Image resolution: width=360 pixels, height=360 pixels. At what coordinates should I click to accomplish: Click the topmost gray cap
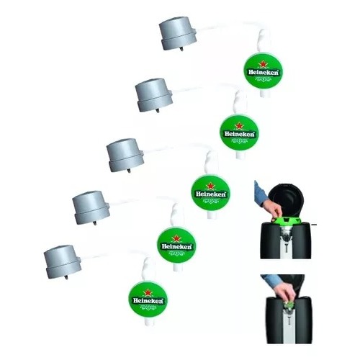click(178, 33)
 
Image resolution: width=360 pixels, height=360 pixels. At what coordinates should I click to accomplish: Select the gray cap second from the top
click(154, 95)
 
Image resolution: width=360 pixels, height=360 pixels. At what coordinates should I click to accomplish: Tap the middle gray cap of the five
click(125, 155)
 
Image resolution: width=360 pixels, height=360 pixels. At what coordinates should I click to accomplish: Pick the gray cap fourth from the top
click(91, 207)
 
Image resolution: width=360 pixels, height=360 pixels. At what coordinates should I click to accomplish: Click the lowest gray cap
click(63, 261)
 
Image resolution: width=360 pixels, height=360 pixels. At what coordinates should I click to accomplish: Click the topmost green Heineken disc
click(264, 71)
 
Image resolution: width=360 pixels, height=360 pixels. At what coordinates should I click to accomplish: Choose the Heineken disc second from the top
click(239, 132)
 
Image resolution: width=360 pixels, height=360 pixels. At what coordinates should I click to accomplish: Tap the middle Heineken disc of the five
click(210, 193)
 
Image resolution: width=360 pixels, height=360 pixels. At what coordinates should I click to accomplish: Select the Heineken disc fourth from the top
click(176, 245)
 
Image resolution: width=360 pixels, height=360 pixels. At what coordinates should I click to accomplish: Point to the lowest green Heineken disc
click(148, 300)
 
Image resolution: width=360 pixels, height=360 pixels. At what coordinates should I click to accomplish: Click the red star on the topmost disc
click(264, 64)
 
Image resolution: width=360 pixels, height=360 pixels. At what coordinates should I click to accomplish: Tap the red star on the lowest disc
click(148, 292)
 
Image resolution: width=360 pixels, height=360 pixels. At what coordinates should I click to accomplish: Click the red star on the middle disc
click(210, 186)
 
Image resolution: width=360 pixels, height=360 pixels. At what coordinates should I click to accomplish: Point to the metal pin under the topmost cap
click(181, 49)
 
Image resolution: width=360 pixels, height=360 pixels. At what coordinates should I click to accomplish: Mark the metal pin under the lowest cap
click(66, 277)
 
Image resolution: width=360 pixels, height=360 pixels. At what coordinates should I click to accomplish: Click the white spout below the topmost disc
click(264, 93)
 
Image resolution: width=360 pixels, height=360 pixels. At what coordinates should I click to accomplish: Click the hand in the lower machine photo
click(285, 292)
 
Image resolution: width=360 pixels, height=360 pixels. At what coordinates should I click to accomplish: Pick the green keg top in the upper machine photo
click(286, 220)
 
